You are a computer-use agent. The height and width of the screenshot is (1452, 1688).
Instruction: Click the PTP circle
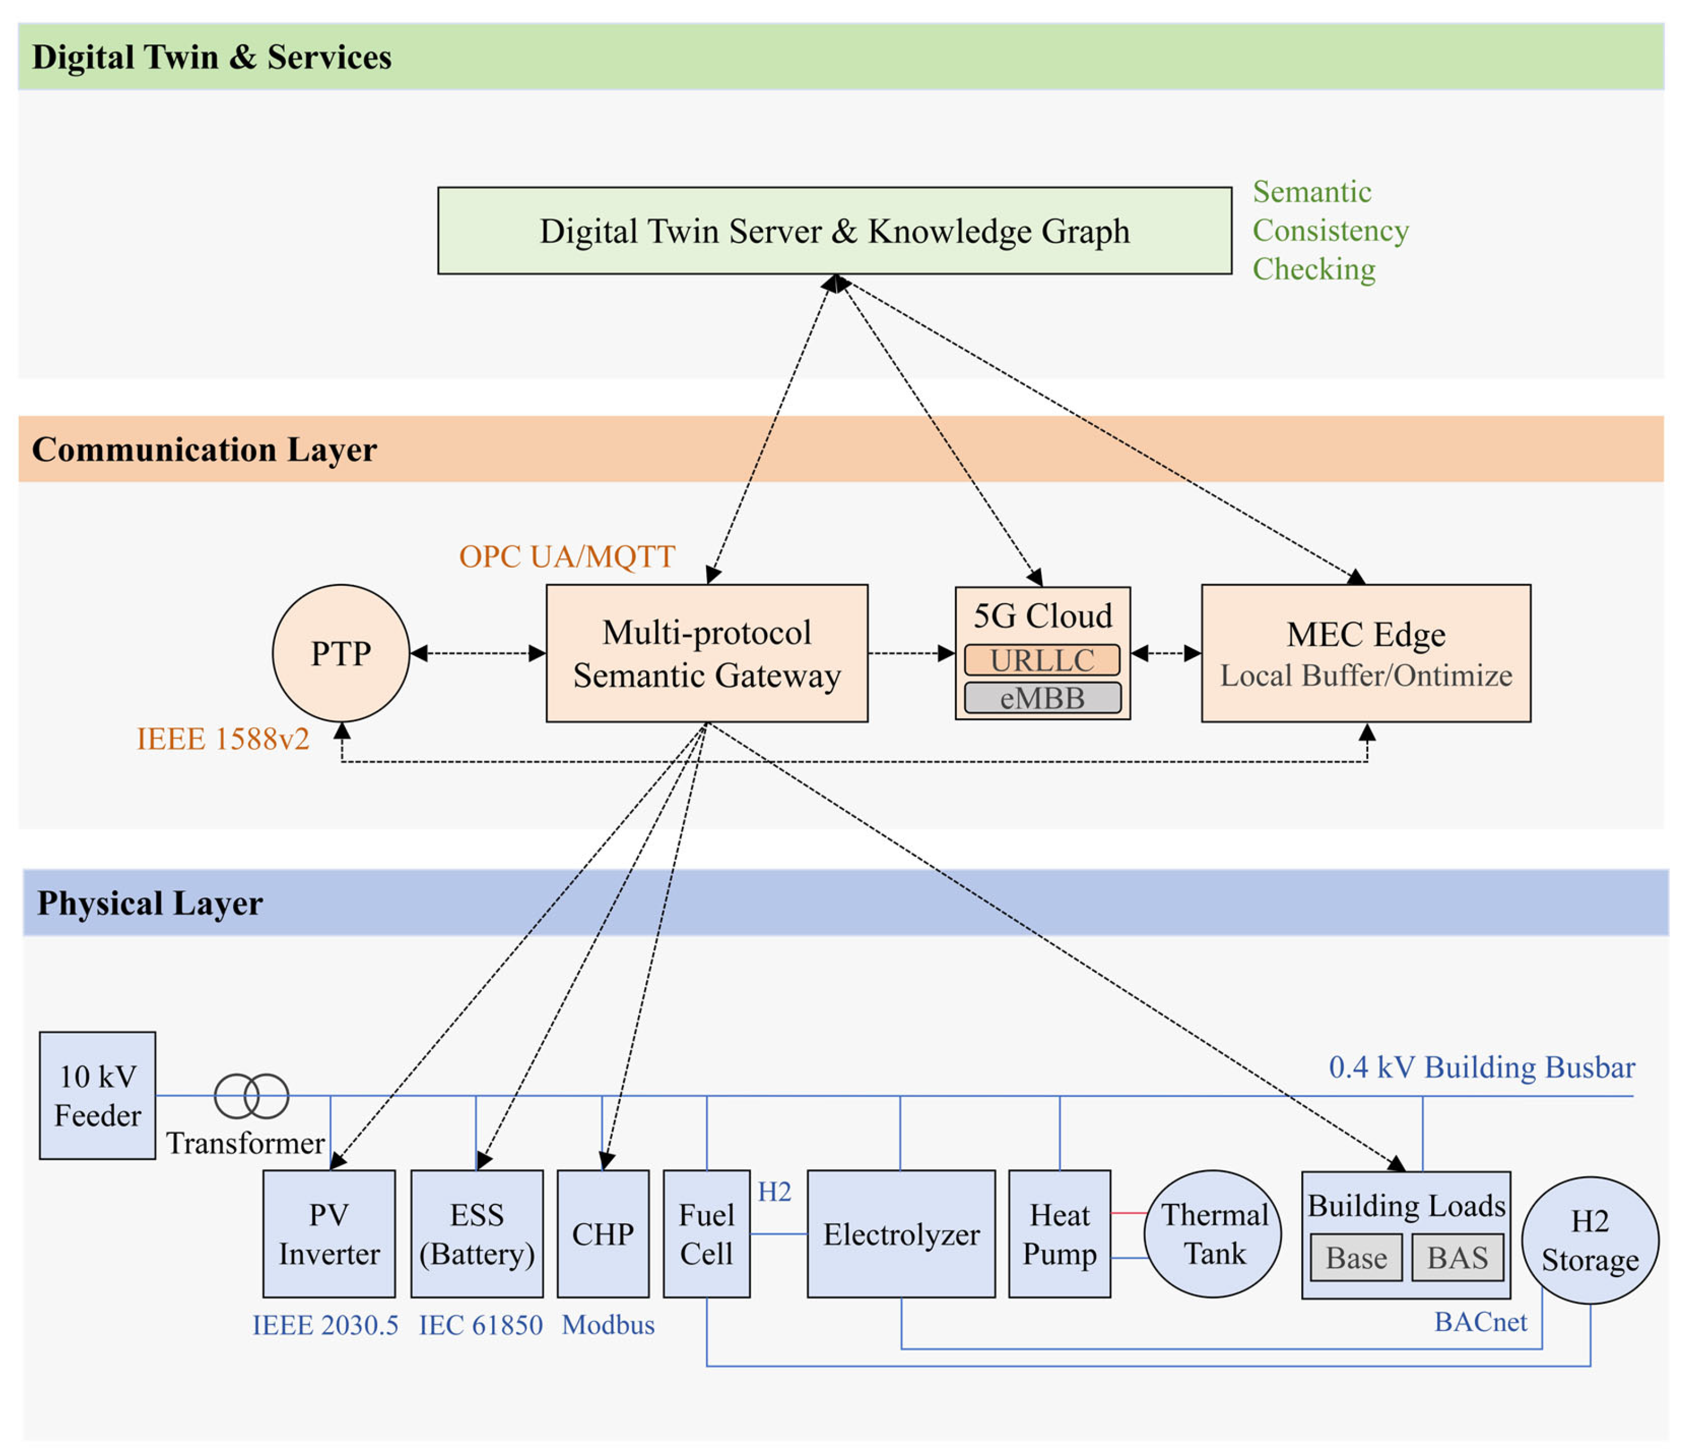(x=340, y=653)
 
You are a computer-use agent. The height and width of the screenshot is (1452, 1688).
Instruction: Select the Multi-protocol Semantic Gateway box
(x=706, y=653)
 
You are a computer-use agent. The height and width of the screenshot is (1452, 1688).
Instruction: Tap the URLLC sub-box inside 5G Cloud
(x=1042, y=660)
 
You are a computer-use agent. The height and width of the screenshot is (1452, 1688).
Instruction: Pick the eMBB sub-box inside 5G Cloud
(x=1042, y=698)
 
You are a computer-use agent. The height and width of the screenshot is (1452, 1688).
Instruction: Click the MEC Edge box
(x=1365, y=653)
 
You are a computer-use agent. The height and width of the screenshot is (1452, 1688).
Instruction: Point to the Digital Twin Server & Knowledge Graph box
(x=834, y=230)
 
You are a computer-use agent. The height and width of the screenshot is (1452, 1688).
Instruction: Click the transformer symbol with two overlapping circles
(x=251, y=1096)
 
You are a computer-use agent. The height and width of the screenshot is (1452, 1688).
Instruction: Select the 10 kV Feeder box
(x=97, y=1095)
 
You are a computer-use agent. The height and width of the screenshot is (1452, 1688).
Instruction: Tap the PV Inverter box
(x=329, y=1233)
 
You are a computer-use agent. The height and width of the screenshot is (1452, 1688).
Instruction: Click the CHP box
(x=603, y=1233)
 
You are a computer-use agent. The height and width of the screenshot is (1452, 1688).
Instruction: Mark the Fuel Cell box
(x=706, y=1233)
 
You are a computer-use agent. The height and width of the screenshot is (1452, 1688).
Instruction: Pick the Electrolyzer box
(x=901, y=1233)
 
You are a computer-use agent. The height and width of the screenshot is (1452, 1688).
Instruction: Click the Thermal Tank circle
(x=1213, y=1233)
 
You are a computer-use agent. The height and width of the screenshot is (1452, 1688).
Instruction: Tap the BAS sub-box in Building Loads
(x=1458, y=1257)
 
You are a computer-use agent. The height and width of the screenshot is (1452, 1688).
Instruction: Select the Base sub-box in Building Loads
(x=1356, y=1257)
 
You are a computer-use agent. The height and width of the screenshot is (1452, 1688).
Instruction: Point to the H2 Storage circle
(x=1590, y=1240)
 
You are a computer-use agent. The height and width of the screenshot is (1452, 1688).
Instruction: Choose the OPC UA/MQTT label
(x=567, y=556)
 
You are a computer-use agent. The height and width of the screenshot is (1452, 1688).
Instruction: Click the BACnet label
(x=1480, y=1321)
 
